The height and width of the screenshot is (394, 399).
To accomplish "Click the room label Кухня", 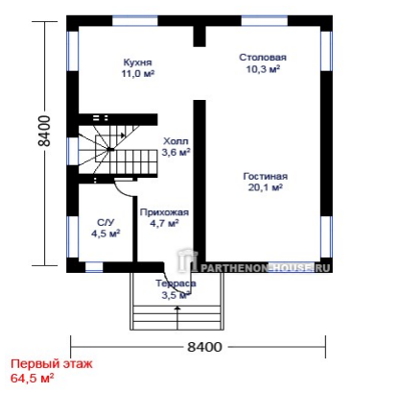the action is pos(137,62).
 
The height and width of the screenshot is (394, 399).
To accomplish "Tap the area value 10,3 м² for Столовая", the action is pos(263,69).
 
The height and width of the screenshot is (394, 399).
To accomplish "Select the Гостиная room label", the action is pos(266,176).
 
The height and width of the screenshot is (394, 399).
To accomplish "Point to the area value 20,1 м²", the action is pos(266,187).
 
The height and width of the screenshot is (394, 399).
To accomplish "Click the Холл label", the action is pos(176,141).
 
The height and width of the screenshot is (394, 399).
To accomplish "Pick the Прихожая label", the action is pos(164,212).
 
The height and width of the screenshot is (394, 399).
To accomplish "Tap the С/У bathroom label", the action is pos(106,222).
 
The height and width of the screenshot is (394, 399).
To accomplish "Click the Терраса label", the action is pos(176,283).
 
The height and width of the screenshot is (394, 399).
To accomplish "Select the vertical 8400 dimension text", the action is pos(44,131).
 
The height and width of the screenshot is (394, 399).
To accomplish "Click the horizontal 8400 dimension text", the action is pos(204,347).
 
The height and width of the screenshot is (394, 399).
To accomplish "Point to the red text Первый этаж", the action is pos(52,364).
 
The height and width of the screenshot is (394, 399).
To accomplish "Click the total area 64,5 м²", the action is pos(33,378).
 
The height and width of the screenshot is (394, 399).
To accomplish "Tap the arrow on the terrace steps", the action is pos(177,318).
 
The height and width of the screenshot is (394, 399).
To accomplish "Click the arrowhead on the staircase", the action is pos(123,135).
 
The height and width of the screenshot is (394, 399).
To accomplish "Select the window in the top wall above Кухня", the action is pos(135,21).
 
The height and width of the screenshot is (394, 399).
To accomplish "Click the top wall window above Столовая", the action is pos(265,21).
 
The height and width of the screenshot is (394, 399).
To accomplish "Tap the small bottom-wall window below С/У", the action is pos(94,267).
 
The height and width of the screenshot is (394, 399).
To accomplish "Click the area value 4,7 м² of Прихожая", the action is pos(164,223).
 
